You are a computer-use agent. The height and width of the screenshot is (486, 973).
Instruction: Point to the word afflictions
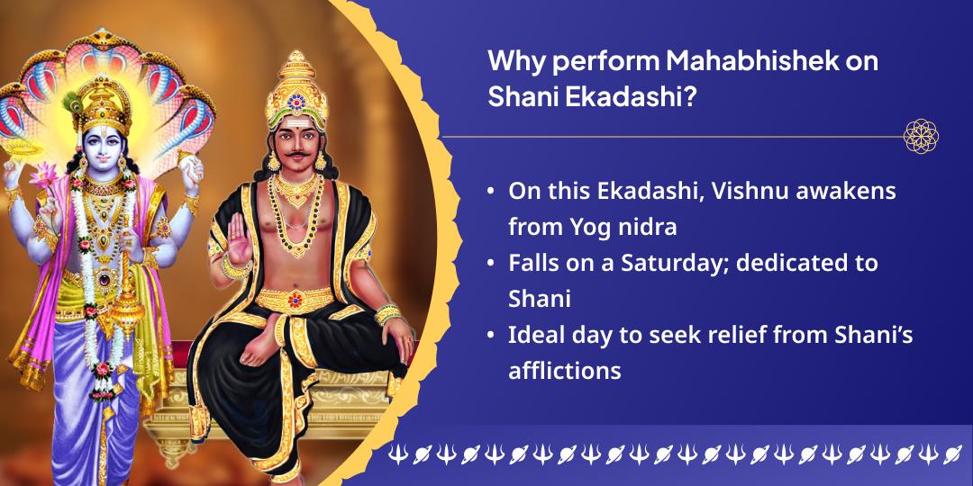(x=565, y=370)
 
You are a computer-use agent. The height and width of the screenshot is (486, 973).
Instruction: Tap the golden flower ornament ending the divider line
(x=921, y=136)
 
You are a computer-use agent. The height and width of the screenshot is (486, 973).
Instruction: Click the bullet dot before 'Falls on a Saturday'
(x=491, y=263)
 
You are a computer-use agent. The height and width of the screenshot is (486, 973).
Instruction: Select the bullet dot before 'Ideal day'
(x=491, y=335)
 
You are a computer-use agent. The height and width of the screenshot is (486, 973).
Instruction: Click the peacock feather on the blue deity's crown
(x=73, y=103)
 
